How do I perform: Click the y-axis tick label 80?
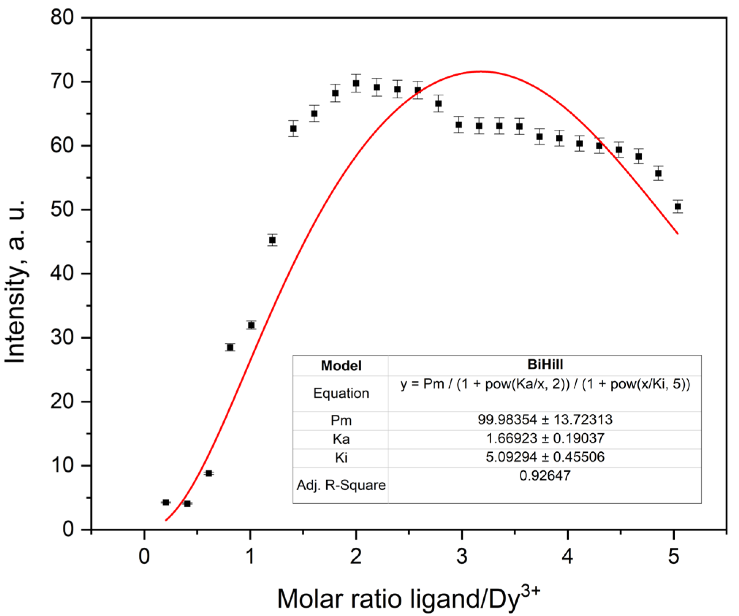62,17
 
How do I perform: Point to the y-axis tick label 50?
62,209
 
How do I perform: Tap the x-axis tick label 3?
462,556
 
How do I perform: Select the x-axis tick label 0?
144,556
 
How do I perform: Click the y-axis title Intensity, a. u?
15,281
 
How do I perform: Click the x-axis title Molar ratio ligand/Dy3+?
408,598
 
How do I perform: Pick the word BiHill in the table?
545,364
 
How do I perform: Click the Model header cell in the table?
341,365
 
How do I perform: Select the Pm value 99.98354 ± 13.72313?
545,419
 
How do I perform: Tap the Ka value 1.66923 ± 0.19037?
545,438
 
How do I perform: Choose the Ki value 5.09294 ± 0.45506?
545,457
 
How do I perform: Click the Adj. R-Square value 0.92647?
545,475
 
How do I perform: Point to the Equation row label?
341,393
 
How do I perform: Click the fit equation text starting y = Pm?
545,384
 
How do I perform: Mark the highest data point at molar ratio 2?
356,83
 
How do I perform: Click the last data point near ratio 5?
678,206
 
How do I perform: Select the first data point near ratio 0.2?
166,502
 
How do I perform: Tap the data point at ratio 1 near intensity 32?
251,325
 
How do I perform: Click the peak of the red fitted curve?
481,71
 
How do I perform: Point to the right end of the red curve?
678,233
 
